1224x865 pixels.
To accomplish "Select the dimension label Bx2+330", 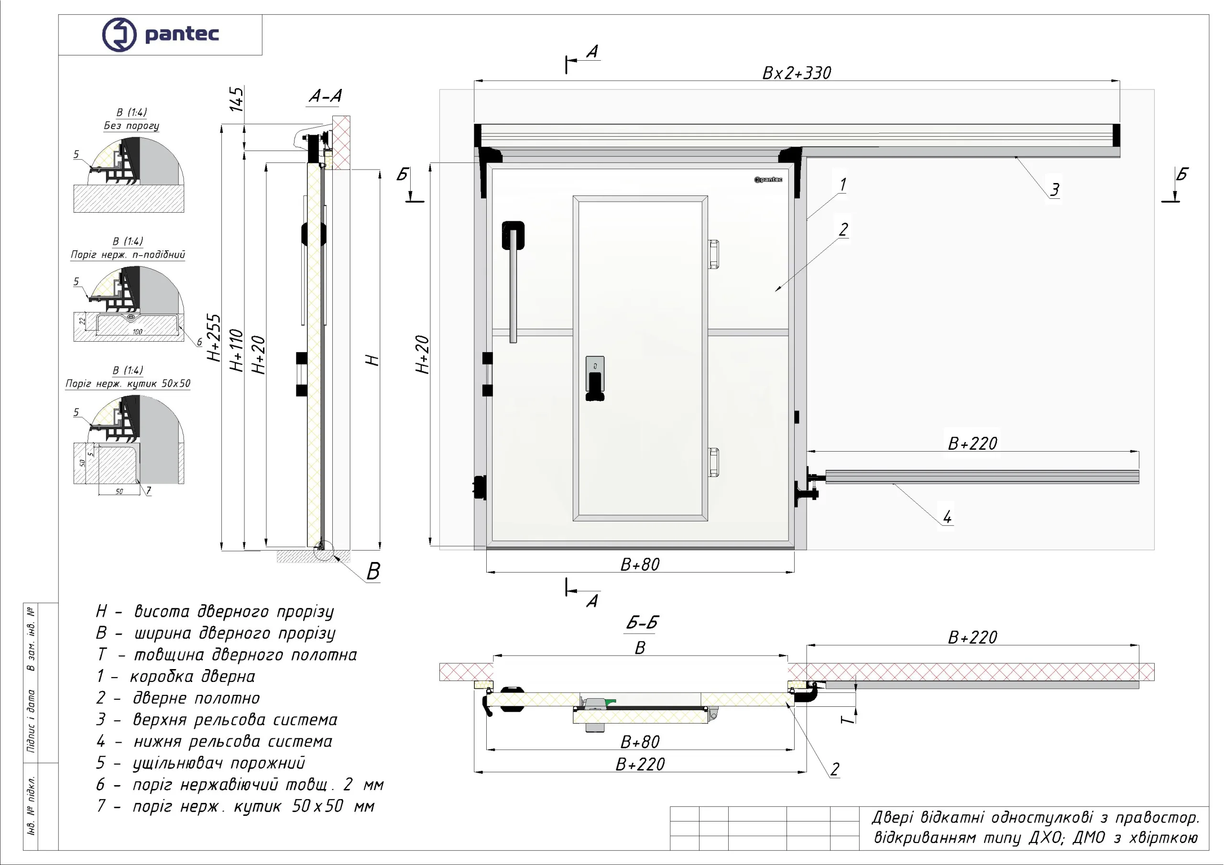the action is click(x=797, y=73).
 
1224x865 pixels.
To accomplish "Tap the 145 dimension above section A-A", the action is click(x=236, y=99).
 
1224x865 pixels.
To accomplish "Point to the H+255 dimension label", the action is click(x=214, y=338).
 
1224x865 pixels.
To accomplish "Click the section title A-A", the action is click(x=325, y=96).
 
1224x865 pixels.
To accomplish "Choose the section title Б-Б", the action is click(x=642, y=622).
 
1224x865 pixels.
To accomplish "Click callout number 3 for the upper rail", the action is click(x=1054, y=189).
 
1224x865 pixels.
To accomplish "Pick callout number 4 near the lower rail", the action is click(x=947, y=517).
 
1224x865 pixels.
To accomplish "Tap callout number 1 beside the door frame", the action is click(x=843, y=185).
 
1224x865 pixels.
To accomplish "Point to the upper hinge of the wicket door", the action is click(x=713, y=254).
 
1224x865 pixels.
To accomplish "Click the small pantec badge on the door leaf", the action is click(x=768, y=180).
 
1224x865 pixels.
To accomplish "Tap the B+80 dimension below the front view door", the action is click(x=640, y=564).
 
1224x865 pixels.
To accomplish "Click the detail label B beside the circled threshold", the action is click(x=373, y=572).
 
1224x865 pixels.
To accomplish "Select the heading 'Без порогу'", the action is click(x=131, y=126).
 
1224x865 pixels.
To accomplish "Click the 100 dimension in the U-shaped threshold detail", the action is click(x=138, y=332).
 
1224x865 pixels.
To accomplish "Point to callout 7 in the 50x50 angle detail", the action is click(x=149, y=490).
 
